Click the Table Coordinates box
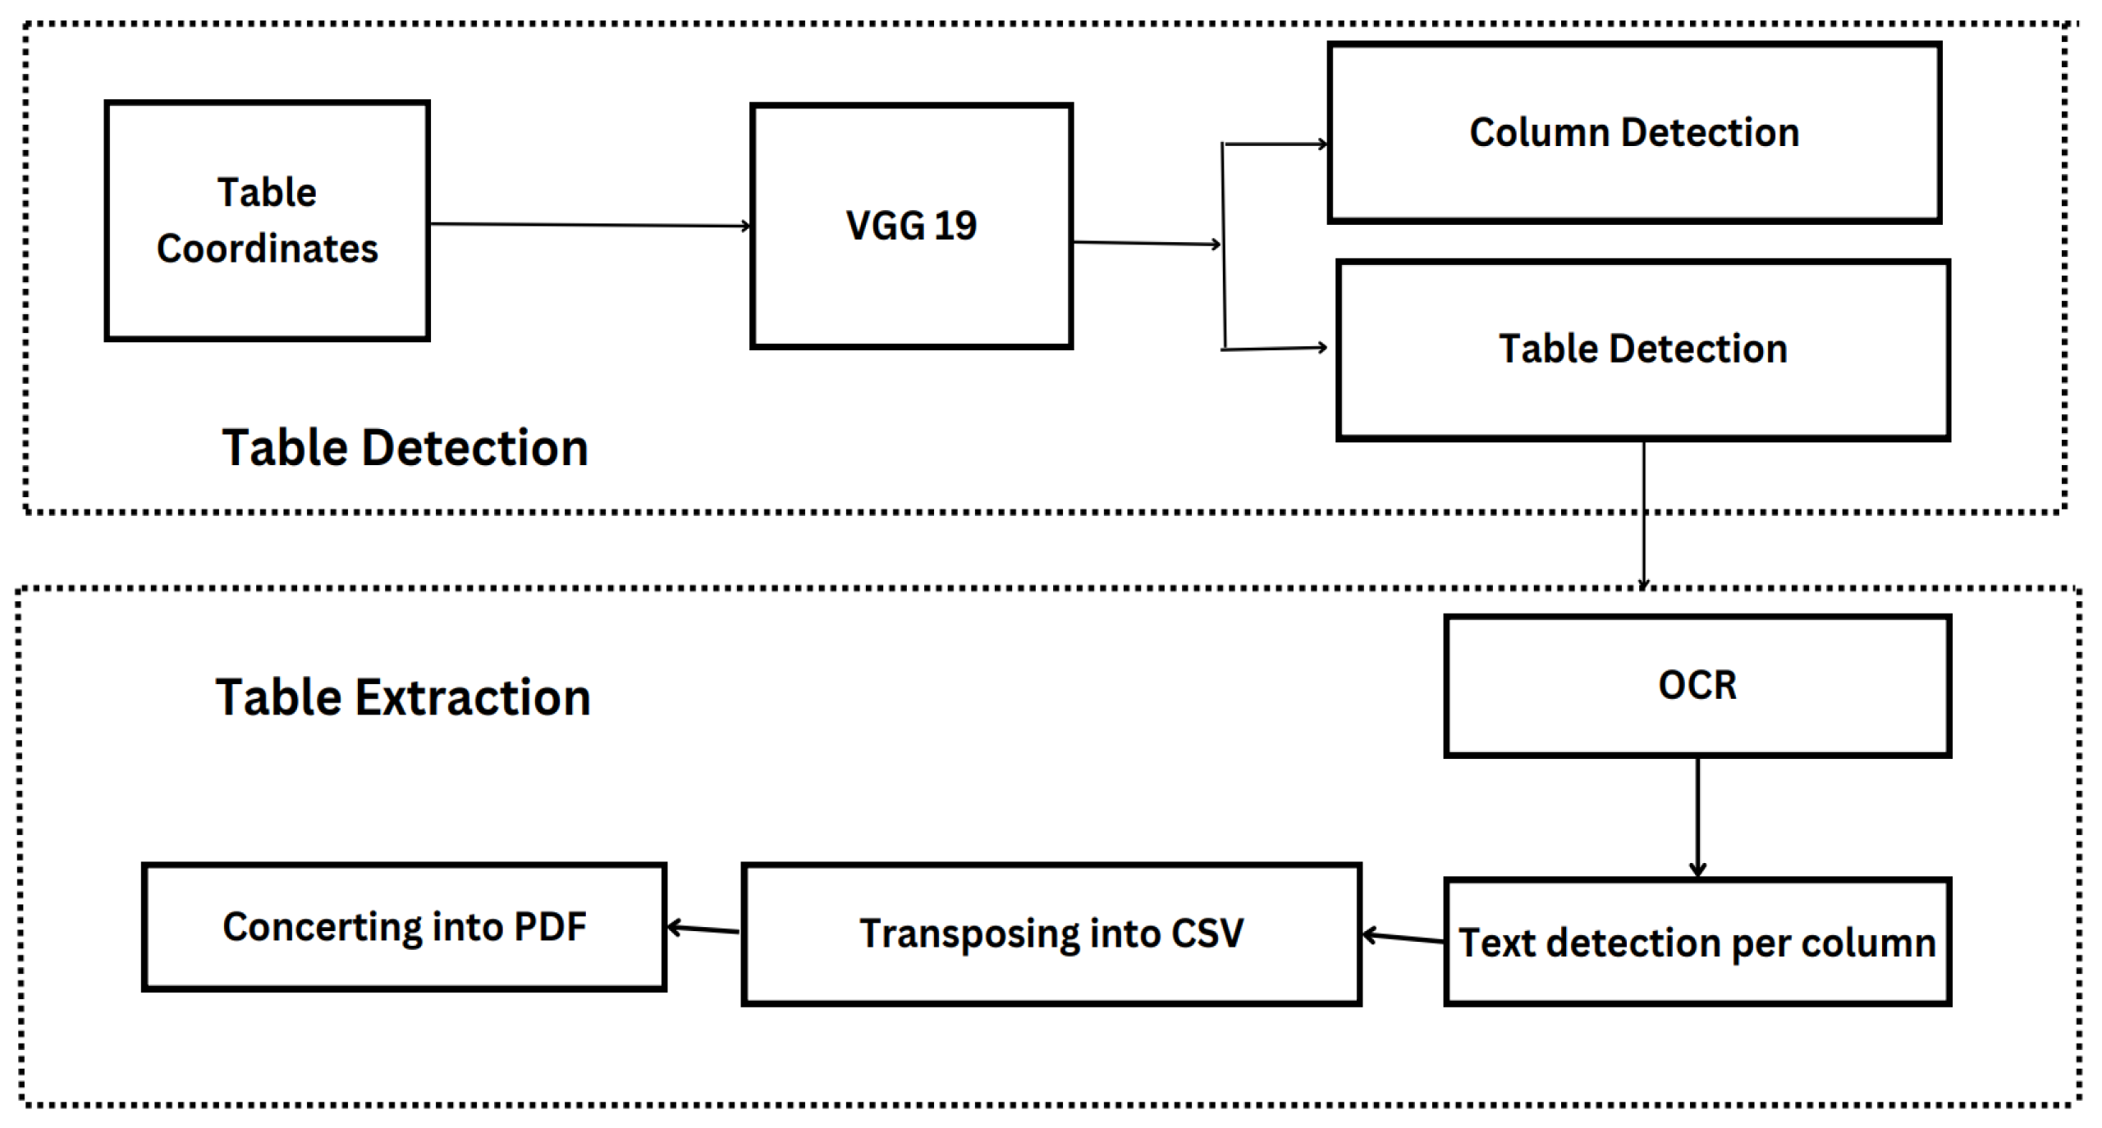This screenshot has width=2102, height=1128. [x=267, y=220]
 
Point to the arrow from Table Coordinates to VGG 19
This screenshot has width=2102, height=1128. [x=589, y=224]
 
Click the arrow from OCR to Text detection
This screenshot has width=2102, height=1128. [x=1697, y=816]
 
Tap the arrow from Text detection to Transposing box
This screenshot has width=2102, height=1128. [x=1402, y=937]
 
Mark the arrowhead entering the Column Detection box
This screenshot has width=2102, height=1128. [x=1321, y=144]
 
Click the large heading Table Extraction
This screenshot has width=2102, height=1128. [x=403, y=697]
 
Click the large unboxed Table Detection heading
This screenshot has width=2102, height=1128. [x=405, y=448]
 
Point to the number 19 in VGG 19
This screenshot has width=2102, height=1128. [x=955, y=226]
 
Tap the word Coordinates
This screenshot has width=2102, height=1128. [x=267, y=249]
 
